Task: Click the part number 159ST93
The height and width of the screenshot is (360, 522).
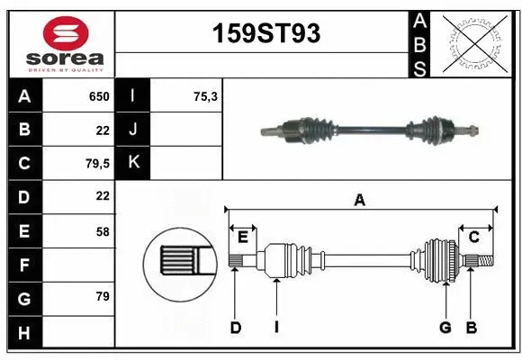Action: [265, 33]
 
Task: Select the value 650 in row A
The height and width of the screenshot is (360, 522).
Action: [98, 96]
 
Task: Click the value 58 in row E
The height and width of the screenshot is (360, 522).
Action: [103, 231]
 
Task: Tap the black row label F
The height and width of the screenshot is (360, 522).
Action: [24, 265]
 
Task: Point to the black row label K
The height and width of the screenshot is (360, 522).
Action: [133, 163]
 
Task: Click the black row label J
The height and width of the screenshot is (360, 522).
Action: [133, 130]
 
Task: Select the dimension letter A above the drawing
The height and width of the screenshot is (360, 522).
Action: [360, 201]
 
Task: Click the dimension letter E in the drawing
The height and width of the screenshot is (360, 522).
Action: [243, 237]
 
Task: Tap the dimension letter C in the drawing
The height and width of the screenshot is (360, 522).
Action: [473, 237]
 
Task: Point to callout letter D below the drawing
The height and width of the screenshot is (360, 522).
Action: [235, 328]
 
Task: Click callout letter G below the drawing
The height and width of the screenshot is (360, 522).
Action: [445, 328]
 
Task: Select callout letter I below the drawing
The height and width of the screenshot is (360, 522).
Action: [276, 328]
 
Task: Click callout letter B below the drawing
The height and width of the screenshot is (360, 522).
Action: [471, 328]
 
